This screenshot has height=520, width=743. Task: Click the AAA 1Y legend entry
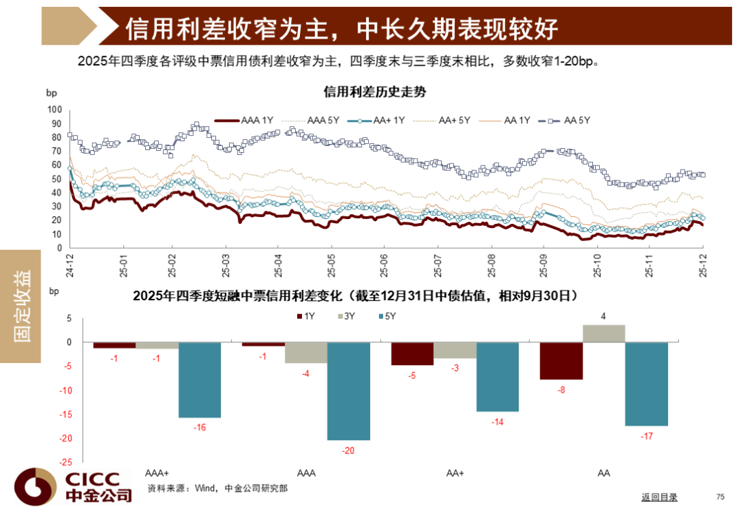tap(250, 121)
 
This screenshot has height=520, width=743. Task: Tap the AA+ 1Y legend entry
tap(382, 121)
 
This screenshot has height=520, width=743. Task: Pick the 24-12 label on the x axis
tap(70, 264)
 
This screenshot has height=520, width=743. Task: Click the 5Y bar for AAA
tap(349, 391)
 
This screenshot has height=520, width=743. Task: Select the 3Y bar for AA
tap(604, 333)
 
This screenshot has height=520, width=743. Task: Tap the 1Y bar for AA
tap(561, 360)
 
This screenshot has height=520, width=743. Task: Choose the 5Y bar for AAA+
tap(200, 379)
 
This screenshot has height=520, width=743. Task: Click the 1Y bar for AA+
tap(412, 353)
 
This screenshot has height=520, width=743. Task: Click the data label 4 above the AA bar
tap(603, 317)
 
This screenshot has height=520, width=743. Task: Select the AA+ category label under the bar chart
tap(455, 473)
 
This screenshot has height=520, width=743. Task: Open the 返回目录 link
tap(659, 497)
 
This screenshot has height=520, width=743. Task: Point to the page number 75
tap(720, 497)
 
